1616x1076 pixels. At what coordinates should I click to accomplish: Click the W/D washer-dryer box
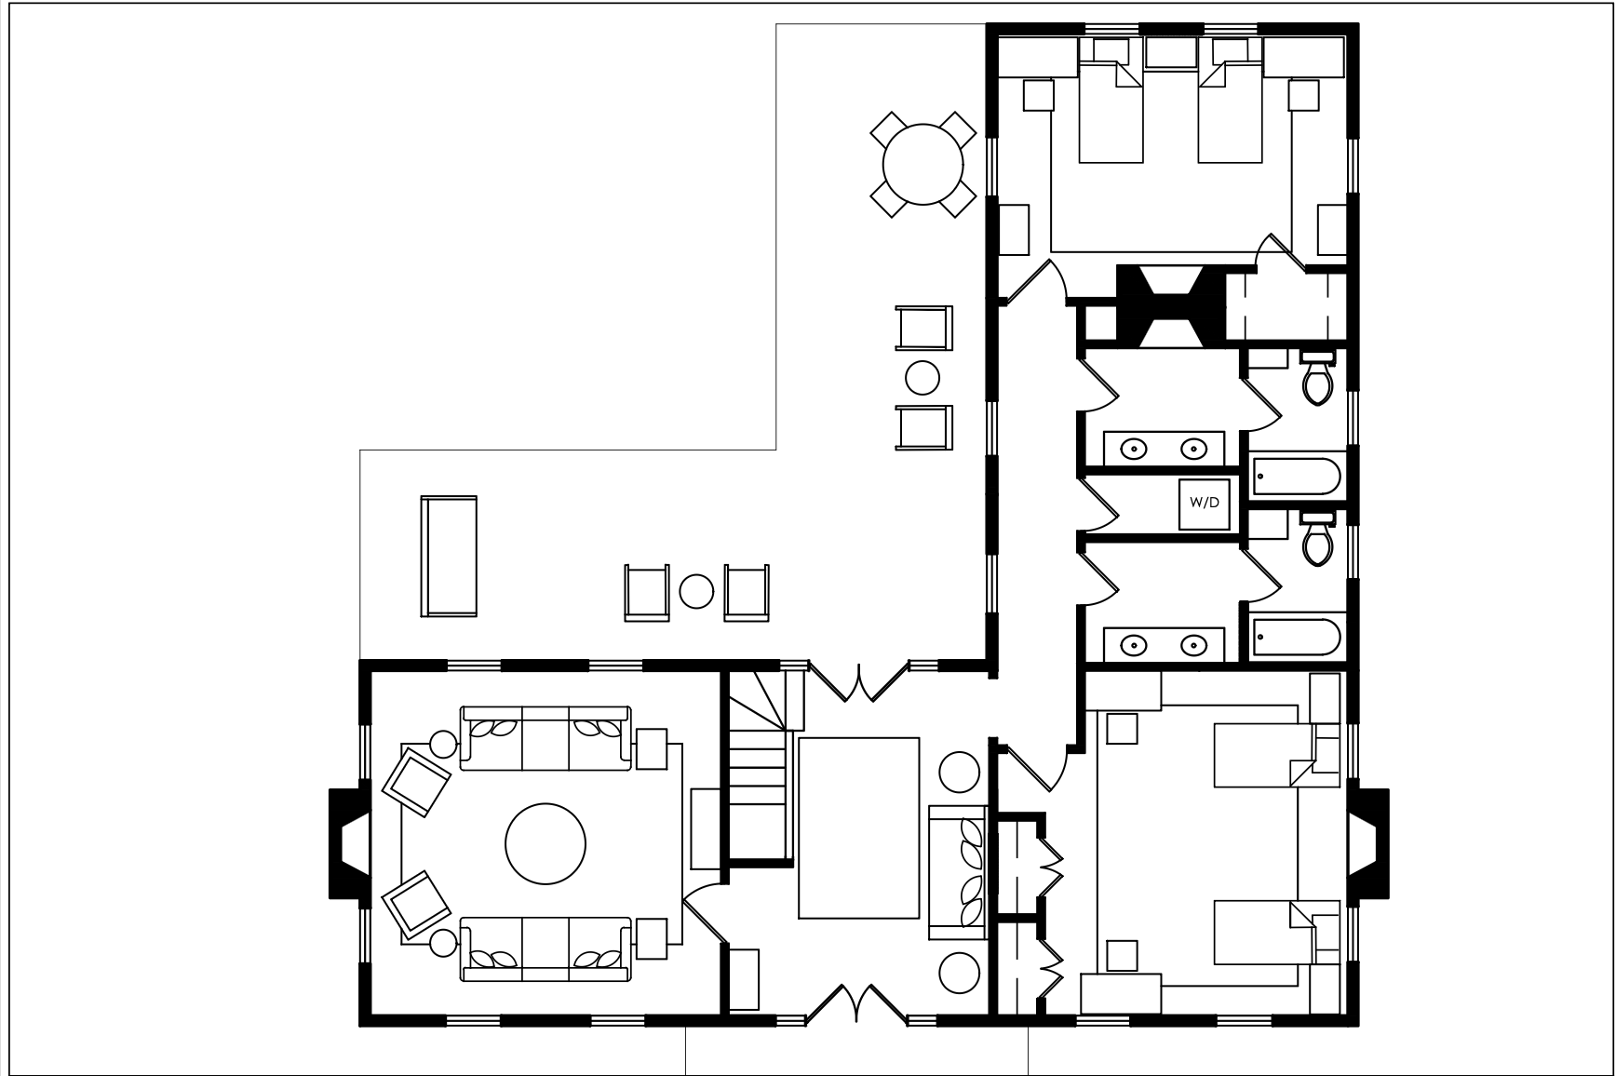pos(1205,504)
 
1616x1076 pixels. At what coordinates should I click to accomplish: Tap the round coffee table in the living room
pos(545,844)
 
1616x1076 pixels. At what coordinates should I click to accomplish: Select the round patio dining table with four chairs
pos(922,165)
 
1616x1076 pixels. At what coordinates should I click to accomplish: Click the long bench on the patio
pos(449,556)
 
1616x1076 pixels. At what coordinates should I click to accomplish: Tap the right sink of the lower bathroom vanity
pos(1193,644)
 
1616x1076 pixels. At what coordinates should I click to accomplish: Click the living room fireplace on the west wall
pos(350,843)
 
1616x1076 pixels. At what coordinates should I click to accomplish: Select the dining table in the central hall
pos(859,828)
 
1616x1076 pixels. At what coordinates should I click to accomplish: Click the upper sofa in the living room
pos(545,738)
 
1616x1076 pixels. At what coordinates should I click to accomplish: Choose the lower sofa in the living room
pos(545,948)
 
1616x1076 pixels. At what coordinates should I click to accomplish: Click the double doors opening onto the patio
pos(856,680)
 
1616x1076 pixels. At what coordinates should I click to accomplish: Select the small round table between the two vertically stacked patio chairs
pos(922,377)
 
